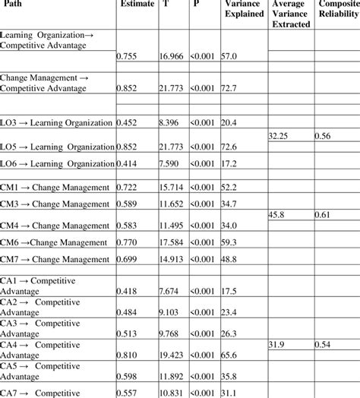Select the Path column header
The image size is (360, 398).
[14, 4]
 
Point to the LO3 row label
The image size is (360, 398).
[58, 122]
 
